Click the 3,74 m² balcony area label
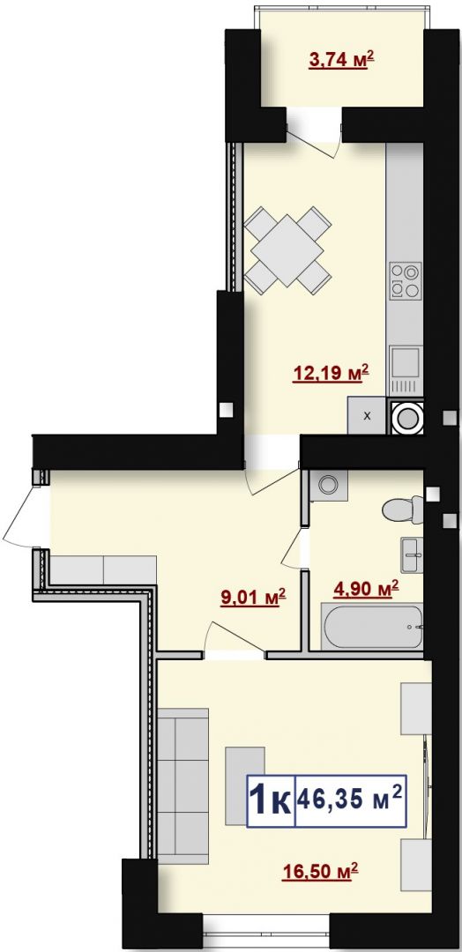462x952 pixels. pyautogui.click(x=340, y=61)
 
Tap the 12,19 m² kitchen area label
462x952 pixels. pyautogui.click(x=331, y=372)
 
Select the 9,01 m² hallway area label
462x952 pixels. pyautogui.click(x=252, y=599)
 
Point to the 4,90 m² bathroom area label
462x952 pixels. pyautogui.click(x=367, y=588)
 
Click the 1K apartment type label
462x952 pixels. pyautogui.click(x=270, y=800)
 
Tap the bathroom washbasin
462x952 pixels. pyautogui.click(x=412, y=554)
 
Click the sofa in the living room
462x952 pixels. pyautogui.click(x=183, y=784)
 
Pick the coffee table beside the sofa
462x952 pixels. pyautogui.click(x=245, y=785)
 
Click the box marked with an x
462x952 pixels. pyautogui.click(x=367, y=416)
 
